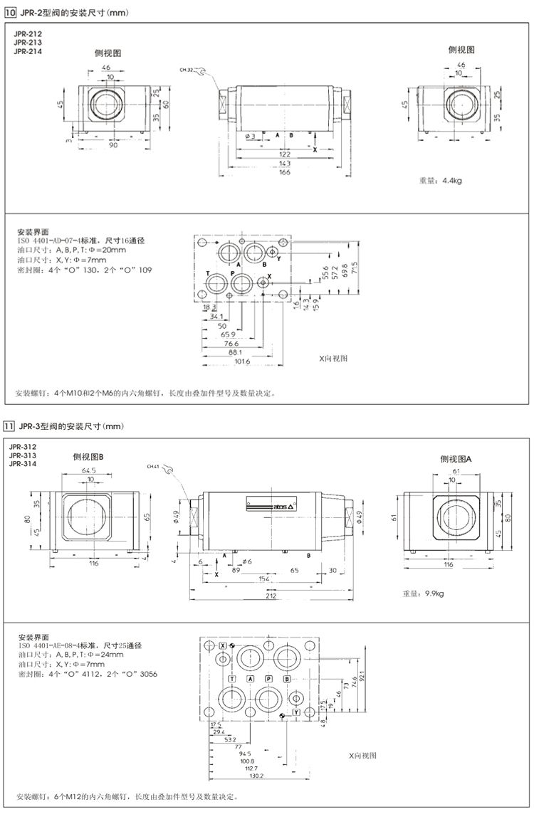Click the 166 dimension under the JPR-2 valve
[285, 171]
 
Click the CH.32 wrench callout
[187, 70]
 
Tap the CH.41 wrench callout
[153, 467]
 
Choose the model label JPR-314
[23, 464]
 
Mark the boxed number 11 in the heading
[10, 426]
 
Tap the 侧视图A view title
[456, 459]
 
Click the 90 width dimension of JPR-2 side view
[113, 146]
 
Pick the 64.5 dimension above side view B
[90, 470]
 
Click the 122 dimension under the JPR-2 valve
[285, 154]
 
